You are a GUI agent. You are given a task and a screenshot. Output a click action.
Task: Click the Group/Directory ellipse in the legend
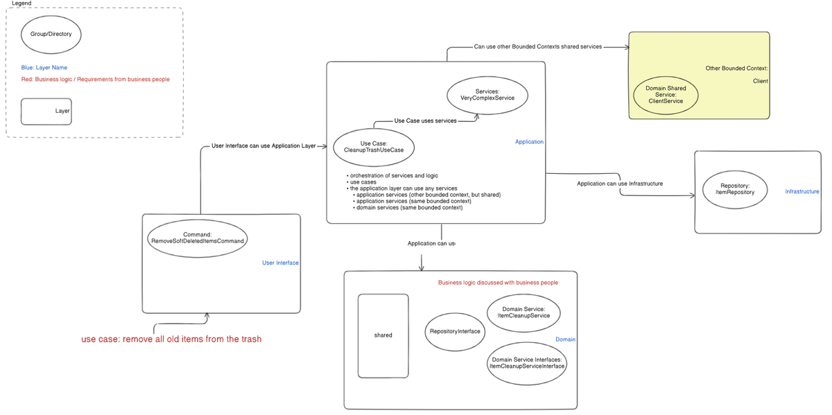(51, 33)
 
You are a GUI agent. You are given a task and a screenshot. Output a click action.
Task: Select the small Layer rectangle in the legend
(46, 111)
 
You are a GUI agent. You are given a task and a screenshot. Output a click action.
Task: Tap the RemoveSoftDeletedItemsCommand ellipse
(198, 238)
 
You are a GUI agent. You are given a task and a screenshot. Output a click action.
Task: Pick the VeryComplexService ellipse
(487, 95)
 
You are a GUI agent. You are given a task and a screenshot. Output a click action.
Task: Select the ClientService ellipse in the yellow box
(666, 96)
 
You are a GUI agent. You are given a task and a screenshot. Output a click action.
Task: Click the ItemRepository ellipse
(735, 189)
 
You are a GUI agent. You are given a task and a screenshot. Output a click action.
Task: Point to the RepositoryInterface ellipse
(456, 331)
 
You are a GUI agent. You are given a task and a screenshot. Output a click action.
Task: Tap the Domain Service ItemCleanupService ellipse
(523, 312)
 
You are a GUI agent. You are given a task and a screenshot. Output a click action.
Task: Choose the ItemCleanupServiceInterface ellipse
(527, 363)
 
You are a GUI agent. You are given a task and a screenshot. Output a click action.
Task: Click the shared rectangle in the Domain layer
(383, 335)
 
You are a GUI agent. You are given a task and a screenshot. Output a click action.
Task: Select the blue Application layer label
(529, 142)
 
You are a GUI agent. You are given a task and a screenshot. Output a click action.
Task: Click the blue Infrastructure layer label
(801, 192)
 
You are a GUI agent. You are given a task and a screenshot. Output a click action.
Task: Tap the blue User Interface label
(280, 263)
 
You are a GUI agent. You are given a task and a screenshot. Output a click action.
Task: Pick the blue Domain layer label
(565, 339)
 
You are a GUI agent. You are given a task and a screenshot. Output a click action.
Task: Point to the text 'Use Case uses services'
(425, 121)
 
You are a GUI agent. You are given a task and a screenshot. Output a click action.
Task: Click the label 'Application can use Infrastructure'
(620, 184)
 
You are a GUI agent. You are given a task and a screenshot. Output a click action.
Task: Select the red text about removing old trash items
(171, 339)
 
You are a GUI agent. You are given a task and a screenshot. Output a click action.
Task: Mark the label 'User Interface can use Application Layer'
(263, 146)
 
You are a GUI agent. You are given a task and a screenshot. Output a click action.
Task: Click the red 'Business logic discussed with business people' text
(498, 283)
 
